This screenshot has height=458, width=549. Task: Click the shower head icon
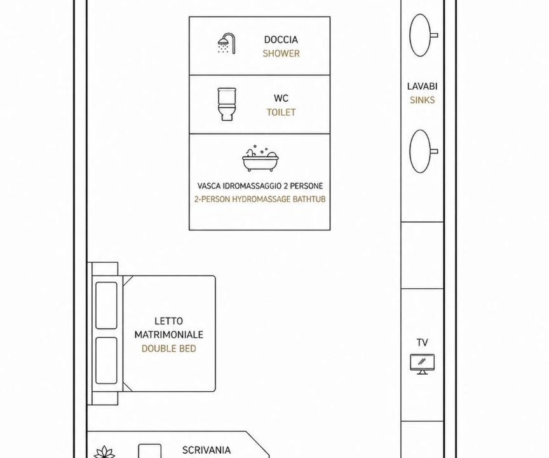pyautogui.click(x=227, y=44)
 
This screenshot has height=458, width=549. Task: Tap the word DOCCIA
pyautogui.click(x=281, y=39)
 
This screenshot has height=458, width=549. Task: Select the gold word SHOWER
pyautogui.click(x=281, y=53)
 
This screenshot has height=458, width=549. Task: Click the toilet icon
pyautogui.click(x=227, y=104)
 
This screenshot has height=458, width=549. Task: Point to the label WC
pyautogui.click(x=281, y=98)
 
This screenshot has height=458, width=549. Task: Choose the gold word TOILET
pyautogui.click(x=281, y=112)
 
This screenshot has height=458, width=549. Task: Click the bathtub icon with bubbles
pyautogui.click(x=260, y=159)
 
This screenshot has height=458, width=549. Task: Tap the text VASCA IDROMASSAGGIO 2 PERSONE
pyautogui.click(x=260, y=186)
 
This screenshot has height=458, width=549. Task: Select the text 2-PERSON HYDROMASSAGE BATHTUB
pyautogui.click(x=260, y=199)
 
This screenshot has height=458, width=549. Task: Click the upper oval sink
pyautogui.click(x=420, y=35)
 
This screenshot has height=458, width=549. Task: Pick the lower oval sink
pyautogui.click(x=420, y=151)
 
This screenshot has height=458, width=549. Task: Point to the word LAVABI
pyautogui.click(x=423, y=87)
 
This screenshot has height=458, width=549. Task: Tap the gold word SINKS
pyautogui.click(x=423, y=101)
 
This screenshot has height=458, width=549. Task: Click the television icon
pyautogui.click(x=423, y=364)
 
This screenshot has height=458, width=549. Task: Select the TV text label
pyautogui.click(x=423, y=342)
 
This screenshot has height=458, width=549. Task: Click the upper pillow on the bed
pyautogui.click(x=106, y=305)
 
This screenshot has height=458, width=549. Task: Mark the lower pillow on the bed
pyautogui.click(x=106, y=361)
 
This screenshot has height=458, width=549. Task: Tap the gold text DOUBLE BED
pyautogui.click(x=169, y=349)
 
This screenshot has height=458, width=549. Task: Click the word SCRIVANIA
pyautogui.click(x=207, y=450)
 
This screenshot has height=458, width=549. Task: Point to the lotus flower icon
pyautogui.click(x=104, y=452)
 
